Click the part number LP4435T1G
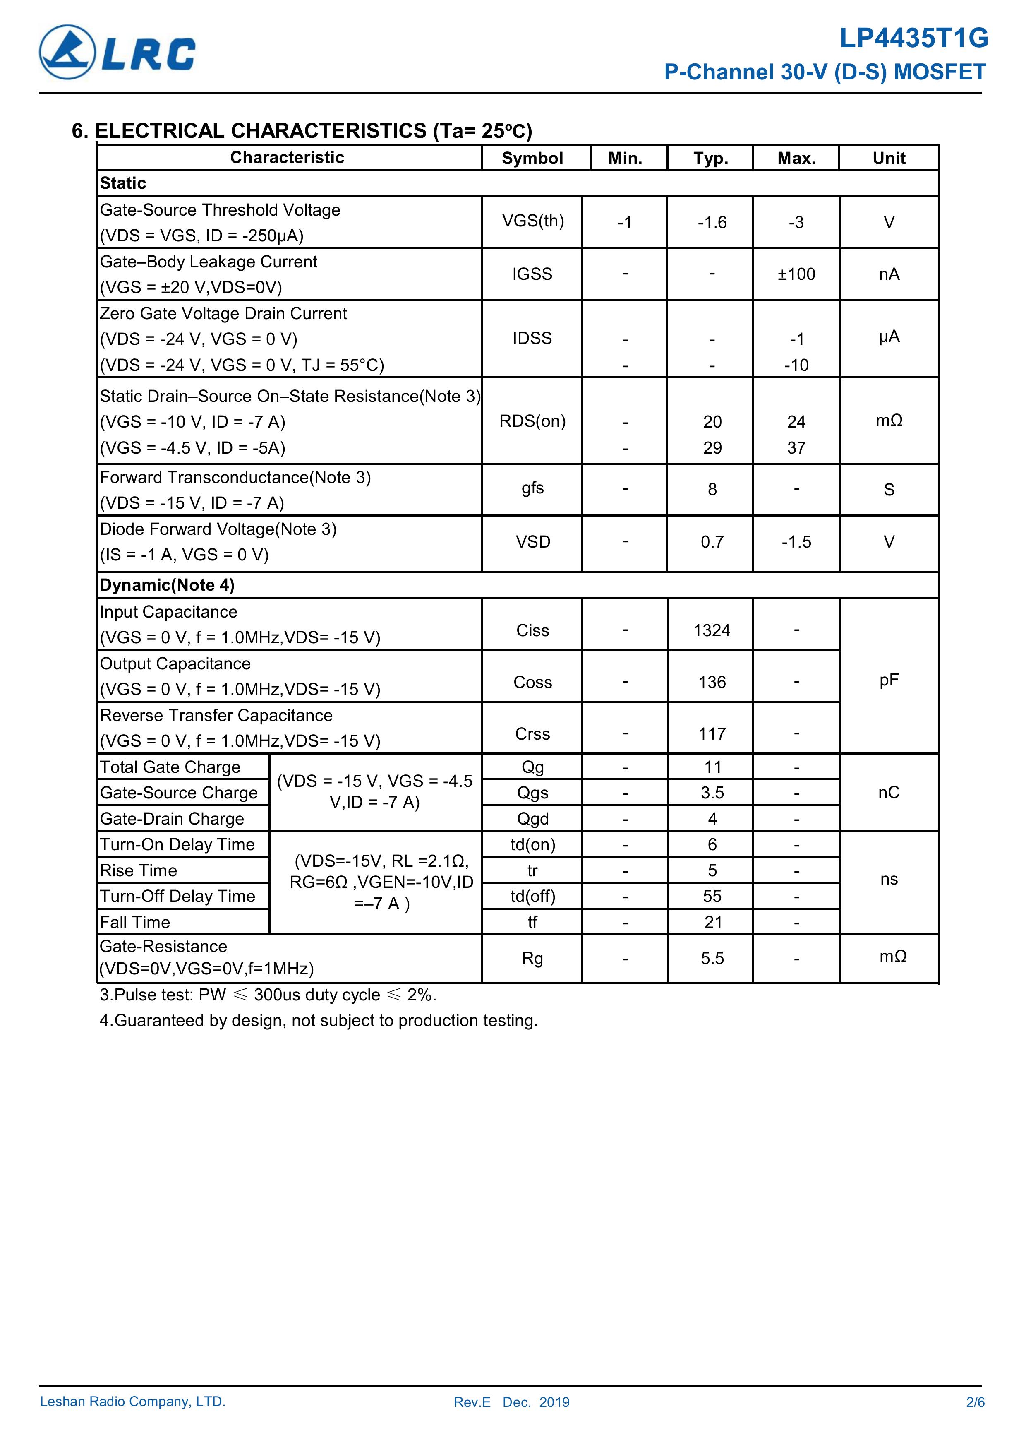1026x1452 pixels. [913, 38]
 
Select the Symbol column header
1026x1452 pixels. [532, 158]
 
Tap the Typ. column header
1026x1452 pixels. [711, 158]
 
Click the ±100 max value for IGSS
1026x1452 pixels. [796, 274]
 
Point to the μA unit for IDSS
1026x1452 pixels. [889, 337]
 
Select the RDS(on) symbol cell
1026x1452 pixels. [532, 421]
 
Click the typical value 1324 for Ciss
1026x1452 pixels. [712, 630]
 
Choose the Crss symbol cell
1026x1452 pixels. [532, 733]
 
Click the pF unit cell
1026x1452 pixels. [889, 680]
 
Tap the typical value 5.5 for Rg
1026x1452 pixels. [712, 958]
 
